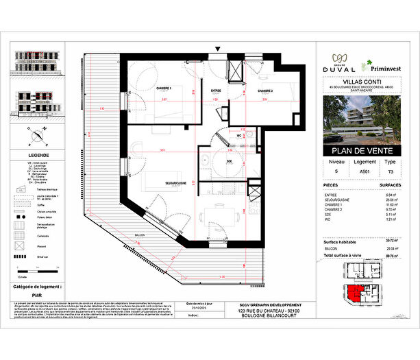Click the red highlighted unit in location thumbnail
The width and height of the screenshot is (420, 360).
[x=354, y=293]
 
